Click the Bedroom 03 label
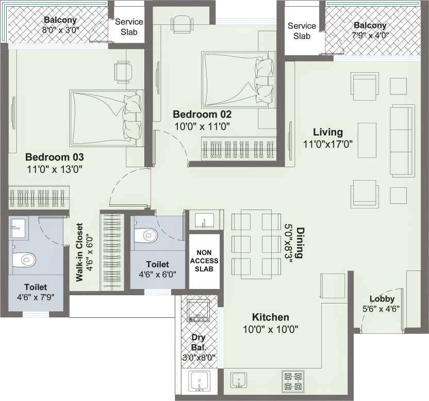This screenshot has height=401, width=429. (55, 157)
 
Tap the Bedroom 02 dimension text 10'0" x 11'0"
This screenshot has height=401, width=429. (202, 126)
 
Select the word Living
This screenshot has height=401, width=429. (328, 132)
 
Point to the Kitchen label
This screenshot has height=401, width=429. (270, 317)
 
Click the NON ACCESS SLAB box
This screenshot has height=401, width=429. (204, 261)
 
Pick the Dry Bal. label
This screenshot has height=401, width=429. (198, 342)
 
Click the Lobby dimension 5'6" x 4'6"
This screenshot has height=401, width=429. (381, 309)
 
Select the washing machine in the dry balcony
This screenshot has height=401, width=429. (198, 310)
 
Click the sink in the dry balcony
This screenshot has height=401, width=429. (200, 381)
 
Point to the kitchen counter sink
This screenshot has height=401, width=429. (239, 380)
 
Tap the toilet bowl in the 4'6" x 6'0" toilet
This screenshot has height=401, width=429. (146, 235)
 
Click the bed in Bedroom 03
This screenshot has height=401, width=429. (107, 118)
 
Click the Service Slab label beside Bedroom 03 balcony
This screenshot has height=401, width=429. (129, 27)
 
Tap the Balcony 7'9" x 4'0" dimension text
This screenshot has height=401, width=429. (370, 35)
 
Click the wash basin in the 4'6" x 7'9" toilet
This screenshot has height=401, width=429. (18, 228)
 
